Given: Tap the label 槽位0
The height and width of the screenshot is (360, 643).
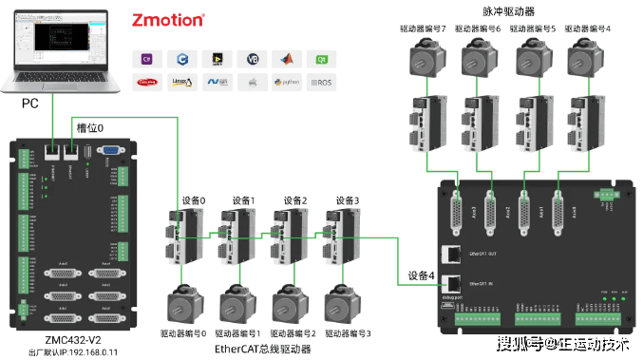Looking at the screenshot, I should (89, 127).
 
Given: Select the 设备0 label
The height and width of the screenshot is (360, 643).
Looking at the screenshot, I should (193, 200).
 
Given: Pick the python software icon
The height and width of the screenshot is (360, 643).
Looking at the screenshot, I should (288, 83).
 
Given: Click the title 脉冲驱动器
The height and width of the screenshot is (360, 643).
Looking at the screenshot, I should (509, 10).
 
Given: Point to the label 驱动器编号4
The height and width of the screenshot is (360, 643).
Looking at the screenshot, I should (588, 28).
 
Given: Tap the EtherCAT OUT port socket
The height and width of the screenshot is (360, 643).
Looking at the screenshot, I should (454, 254).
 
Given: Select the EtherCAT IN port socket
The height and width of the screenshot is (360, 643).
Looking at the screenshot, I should (454, 282).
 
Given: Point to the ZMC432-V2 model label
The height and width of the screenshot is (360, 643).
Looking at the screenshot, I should (74, 338).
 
